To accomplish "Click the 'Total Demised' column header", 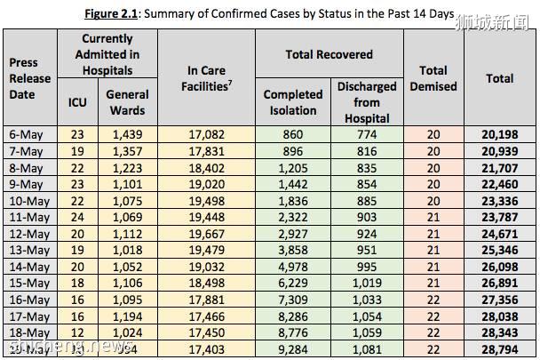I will click(433, 78).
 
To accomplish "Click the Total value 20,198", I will click(500, 133).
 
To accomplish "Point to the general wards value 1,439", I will click(127, 133).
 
